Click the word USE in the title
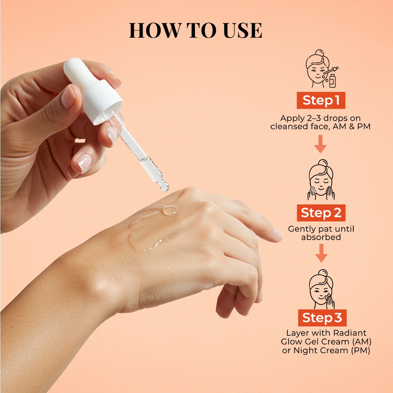(242, 30)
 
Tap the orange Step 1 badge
(321, 100)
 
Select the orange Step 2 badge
(321, 213)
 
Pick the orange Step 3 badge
(322, 318)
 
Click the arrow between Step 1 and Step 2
(320, 144)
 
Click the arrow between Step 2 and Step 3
(321, 253)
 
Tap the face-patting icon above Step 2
(321, 180)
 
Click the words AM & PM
(351, 126)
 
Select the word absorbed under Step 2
(321, 237)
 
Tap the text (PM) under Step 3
(361, 350)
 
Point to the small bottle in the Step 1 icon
(332, 81)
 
